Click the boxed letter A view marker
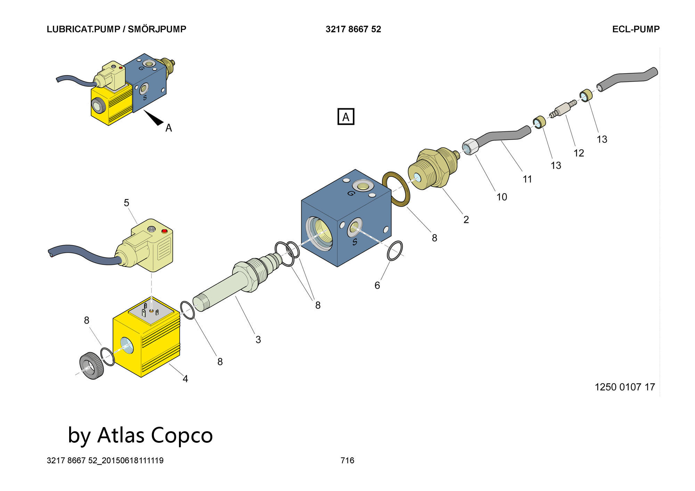(x=346, y=117)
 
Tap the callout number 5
(x=126, y=203)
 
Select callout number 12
(x=579, y=153)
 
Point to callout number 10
(x=501, y=197)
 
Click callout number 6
(x=377, y=285)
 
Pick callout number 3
(x=258, y=340)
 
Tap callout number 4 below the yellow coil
(x=185, y=379)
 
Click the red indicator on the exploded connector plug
(x=164, y=231)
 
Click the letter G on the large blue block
(x=351, y=193)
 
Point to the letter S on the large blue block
(x=354, y=242)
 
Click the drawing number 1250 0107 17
(x=625, y=387)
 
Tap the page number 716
(x=347, y=460)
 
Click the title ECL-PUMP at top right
(x=636, y=29)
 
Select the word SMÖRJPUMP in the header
(x=157, y=29)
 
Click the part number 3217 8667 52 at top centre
(x=353, y=29)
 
